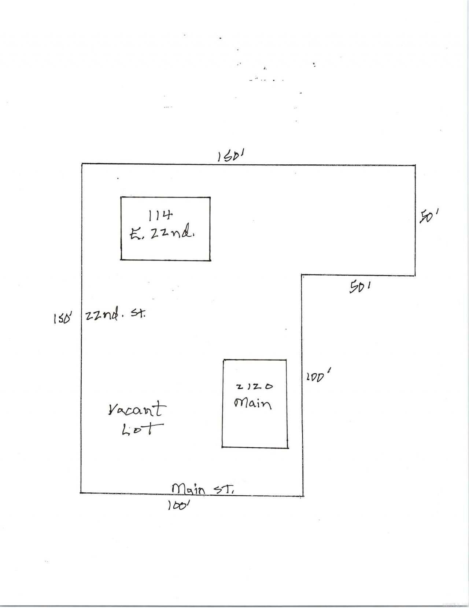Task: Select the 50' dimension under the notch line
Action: pos(360,287)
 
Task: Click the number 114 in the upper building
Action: pos(160,216)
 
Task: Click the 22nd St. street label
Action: pos(115,316)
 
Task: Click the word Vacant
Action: pos(137,410)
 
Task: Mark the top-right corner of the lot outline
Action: pos(415,165)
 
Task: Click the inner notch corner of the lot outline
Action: pos(302,276)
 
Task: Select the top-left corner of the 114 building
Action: pos(121,197)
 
